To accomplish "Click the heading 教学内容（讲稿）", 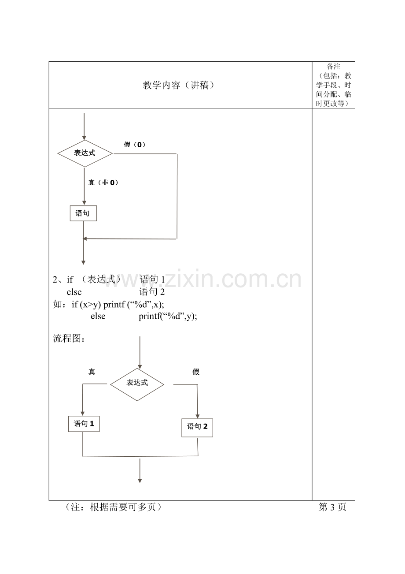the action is [x=179, y=85].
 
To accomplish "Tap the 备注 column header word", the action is [x=333, y=67].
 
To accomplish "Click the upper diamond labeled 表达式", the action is [x=85, y=153].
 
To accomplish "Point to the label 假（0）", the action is [x=135, y=145].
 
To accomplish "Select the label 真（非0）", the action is [x=103, y=183].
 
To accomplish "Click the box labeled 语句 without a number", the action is [x=83, y=213].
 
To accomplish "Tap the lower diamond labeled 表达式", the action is [x=137, y=384].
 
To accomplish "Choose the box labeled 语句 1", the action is [x=84, y=424].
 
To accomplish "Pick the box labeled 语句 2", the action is [x=197, y=428].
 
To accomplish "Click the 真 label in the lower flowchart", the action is [x=92, y=372].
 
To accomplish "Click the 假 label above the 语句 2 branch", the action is [x=196, y=372].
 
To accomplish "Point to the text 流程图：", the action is [x=69, y=338].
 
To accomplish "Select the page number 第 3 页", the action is [x=332, y=507].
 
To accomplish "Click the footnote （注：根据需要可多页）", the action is [x=113, y=507].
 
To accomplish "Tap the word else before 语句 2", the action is [x=74, y=292].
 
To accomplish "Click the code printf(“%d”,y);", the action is [x=168, y=316].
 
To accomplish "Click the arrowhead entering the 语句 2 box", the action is [x=198, y=417].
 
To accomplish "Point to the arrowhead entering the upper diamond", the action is [x=84, y=138].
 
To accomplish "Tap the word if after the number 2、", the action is [x=70, y=280].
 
